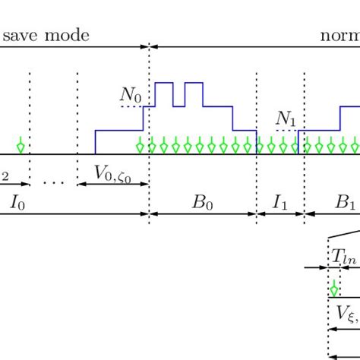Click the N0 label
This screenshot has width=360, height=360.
click(x=131, y=95)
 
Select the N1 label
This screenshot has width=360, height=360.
click(x=286, y=119)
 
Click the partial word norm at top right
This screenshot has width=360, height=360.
click(x=339, y=35)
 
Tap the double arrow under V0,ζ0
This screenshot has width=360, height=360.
click(x=113, y=184)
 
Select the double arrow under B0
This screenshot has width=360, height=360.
click(x=203, y=214)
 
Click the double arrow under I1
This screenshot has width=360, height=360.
click(x=280, y=214)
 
